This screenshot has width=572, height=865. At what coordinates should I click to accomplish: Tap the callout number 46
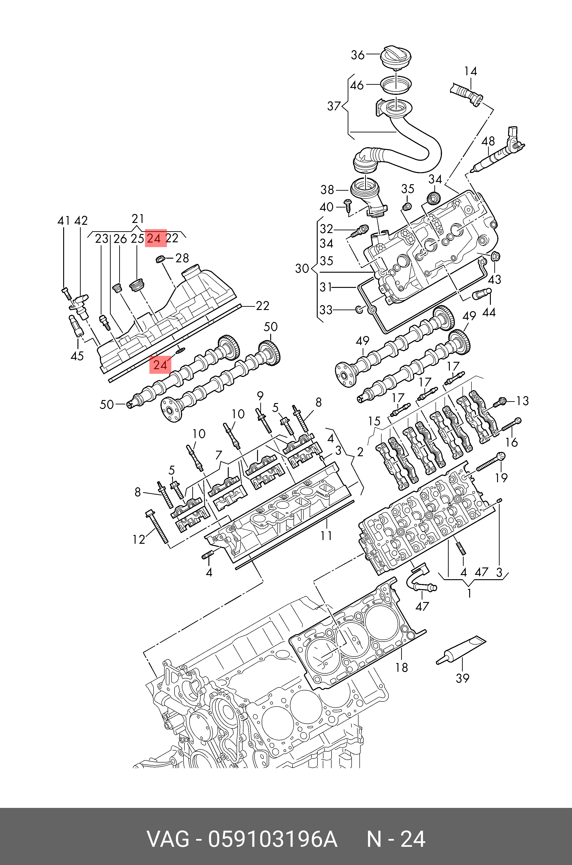coord(357,85)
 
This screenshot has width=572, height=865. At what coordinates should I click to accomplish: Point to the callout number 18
coord(402,667)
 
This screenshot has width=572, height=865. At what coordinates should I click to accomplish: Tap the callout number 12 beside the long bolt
coord(139,540)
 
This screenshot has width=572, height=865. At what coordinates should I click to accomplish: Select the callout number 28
coord(182,258)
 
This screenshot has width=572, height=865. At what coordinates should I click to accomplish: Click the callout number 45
coord(77,356)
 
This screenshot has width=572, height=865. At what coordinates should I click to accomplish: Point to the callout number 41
coord(64,221)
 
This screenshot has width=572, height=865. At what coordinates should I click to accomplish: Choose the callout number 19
coord(501,477)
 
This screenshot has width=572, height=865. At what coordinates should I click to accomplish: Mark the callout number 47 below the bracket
coord(422,606)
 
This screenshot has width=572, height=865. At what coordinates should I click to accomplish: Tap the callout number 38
coord(327,190)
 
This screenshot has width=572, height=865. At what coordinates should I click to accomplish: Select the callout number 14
coord(471,71)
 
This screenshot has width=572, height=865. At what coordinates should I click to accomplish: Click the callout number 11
coord(326,536)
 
